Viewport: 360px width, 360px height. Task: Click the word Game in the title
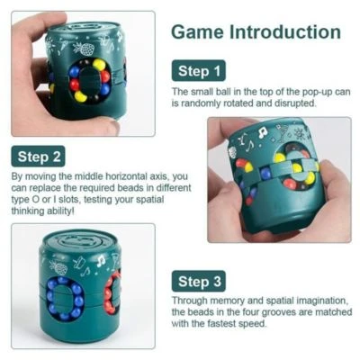198,32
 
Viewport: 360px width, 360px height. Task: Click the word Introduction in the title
285,32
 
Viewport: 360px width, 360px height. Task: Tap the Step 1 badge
199,71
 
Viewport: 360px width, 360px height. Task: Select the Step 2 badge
38,157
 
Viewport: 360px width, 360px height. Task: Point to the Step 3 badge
199,282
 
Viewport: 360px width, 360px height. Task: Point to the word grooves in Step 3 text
279,312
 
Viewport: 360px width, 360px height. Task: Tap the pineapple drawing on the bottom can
58,267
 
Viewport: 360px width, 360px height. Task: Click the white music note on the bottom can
101,260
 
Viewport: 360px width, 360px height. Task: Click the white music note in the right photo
262,133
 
